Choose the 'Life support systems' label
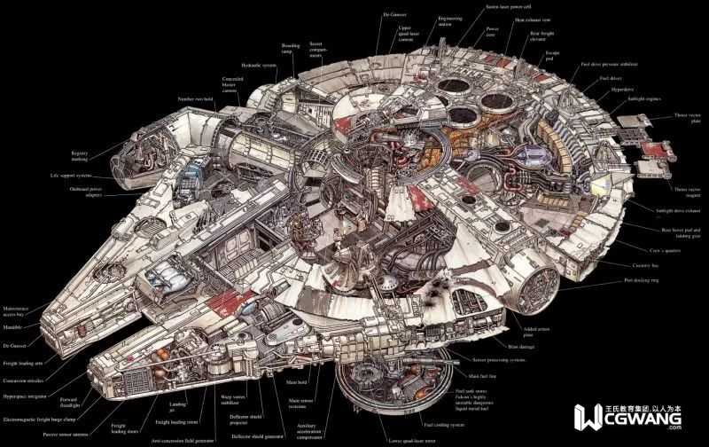coord(74,176)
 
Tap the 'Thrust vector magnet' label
coord(687,192)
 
